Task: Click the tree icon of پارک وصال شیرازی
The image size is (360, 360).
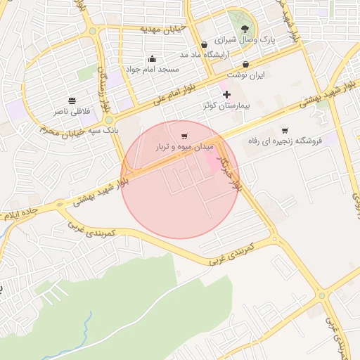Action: [x=245, y=29]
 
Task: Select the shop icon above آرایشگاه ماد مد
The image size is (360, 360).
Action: [x=204, y=44]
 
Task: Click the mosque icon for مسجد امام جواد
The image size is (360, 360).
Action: [x=153, y=58]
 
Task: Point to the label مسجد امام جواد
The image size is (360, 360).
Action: [x=153, y=70]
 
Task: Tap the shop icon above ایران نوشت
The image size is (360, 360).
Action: [x=245, y=64]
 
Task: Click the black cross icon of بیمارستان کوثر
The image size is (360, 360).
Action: [x=226, y=94]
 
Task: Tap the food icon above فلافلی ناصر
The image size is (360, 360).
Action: [x=72, y=100]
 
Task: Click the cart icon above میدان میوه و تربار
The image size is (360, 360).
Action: [x=184, y=136]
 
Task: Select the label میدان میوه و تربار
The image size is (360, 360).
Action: [x=183, y=148]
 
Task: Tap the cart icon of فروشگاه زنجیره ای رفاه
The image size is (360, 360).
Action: [x=285, y=130]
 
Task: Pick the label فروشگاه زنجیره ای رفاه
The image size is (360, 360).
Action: [x=285, y=141]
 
